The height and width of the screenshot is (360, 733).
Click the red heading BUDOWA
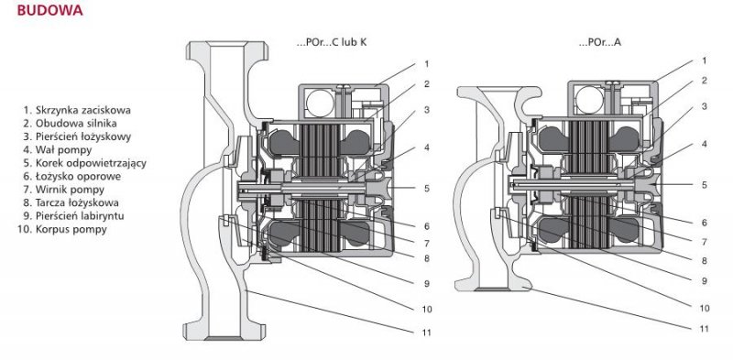click(x=50, y=10)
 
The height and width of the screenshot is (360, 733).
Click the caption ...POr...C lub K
click(x=332, y=42)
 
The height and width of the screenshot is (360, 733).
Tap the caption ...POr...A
click(x=600, y=42)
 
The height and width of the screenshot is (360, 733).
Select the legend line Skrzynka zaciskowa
click(x=77, y=110)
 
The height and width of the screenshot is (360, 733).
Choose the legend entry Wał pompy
click(x=57, y=150)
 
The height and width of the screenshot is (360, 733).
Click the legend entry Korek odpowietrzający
click(x=84, y=163)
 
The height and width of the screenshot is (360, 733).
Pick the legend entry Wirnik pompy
click(x=63, y=190)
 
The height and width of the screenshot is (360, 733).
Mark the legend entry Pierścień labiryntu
click(x=73, y=216)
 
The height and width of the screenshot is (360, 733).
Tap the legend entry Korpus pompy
click(x=62, y=229)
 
